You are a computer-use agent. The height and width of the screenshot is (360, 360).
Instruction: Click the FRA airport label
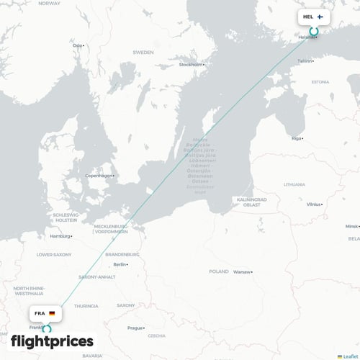click(x=39, y=314)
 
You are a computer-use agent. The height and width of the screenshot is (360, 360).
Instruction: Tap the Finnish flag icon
click(x=320, y=16)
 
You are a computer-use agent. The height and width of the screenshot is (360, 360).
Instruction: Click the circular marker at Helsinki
click(x=314, y=32)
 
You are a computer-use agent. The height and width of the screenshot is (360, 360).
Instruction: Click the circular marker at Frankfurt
click(x=48, y=329)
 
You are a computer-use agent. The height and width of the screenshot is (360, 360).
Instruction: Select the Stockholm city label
click(x=191, y=65)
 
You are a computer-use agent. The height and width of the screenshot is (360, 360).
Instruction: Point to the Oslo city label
click(x=77, y=45)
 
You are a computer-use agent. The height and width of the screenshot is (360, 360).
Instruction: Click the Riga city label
click(x=297, y=138)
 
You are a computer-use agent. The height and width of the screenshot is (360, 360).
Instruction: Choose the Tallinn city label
click(x=305, y=61)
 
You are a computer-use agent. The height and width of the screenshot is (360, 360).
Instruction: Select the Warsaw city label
click(x=241, y=272)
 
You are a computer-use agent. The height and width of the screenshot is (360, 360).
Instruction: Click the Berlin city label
click(x=120, y=265)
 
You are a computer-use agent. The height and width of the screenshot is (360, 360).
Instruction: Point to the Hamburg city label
click(x=60, y=236)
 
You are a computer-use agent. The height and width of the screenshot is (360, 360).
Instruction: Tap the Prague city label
click(x=135, y=328)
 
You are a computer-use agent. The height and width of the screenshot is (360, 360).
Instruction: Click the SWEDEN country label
click(x=143, y=53)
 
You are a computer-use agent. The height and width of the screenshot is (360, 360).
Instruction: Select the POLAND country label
click(x=218, y=271)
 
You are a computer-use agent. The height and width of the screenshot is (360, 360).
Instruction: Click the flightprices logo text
click(x=52, y=341)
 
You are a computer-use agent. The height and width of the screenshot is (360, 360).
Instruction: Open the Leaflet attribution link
click(x=351, y=356)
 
